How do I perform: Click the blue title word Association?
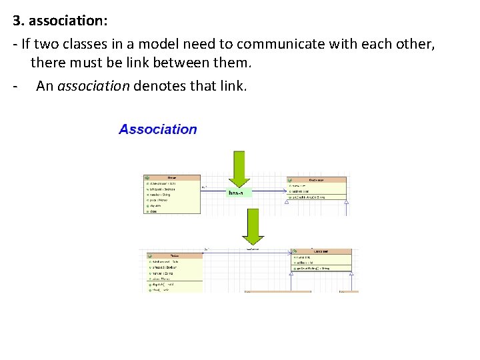(158, 129)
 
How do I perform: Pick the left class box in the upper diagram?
(172, 195)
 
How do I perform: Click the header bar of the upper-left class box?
(172, 178)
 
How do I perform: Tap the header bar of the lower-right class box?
(322, 251)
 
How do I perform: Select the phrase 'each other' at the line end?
(405, 45)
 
